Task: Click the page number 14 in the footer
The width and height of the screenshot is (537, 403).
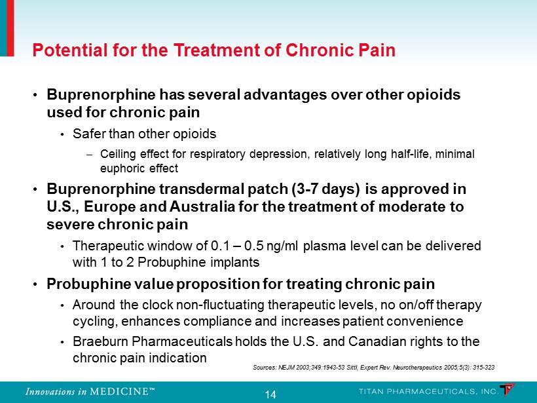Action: (270, 394)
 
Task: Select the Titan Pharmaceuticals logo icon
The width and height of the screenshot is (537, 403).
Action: (508, 390)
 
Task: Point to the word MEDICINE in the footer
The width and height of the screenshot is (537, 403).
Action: (119, 391)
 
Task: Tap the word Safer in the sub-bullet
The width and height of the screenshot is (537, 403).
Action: (90, 134)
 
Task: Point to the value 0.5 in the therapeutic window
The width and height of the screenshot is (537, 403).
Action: (253, 246)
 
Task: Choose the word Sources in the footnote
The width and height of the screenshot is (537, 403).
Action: (265, 368)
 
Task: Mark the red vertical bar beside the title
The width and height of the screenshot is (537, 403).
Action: (10, 28)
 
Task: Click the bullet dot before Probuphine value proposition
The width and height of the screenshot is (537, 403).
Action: (35, 284)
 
